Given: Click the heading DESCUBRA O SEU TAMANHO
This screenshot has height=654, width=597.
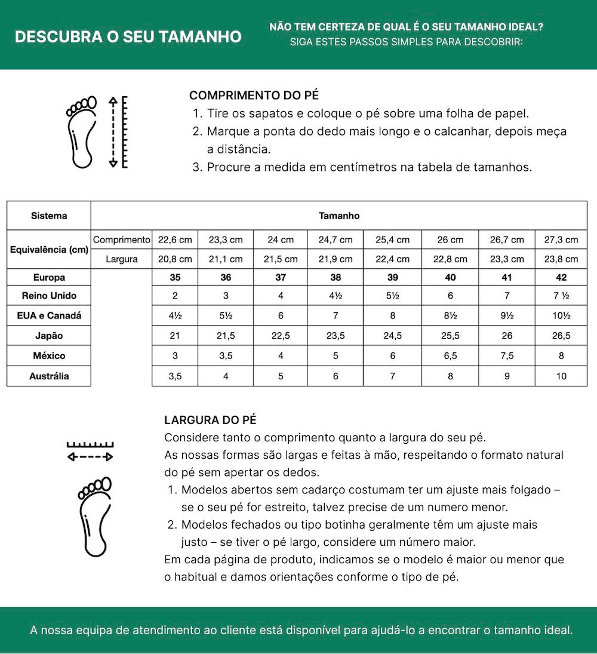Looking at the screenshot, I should click(128, 36).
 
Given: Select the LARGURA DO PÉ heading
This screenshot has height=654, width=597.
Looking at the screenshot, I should click(210, 420).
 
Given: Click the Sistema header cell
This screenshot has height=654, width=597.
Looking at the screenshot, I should click(49, 216).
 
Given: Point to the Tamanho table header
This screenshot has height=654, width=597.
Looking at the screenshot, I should click(339, 216).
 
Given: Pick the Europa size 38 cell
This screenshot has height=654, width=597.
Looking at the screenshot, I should click(336, 277).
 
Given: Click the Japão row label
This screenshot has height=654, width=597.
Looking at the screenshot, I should click(49, 336).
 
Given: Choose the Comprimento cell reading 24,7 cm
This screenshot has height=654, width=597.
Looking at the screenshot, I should click(336, 240).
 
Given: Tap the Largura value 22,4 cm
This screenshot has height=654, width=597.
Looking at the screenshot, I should click(392, 259).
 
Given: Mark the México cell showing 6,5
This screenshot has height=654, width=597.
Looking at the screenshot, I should click(450, 355).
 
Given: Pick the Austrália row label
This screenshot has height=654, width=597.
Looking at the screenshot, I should click(49, 376).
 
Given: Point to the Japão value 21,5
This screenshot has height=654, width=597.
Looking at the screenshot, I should click(226, 336).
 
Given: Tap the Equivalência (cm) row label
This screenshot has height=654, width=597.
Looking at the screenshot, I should click(49, 249).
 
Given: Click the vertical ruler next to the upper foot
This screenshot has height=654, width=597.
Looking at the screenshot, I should click(124, 131).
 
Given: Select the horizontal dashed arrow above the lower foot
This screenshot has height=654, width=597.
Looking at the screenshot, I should click(90, 457).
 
